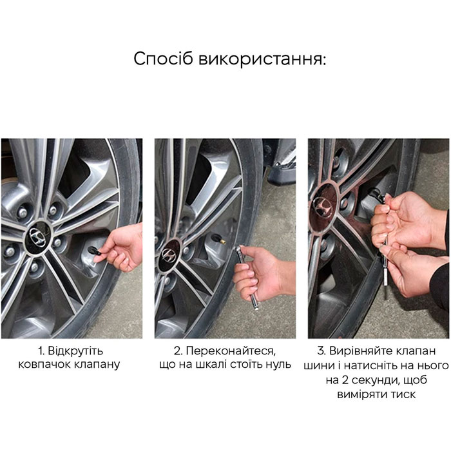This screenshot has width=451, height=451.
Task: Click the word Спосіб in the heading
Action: (x=163, y=59)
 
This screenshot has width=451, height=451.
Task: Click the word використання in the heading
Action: (x=262, y=59)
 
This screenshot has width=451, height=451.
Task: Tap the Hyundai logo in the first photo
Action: (x=38, y=237)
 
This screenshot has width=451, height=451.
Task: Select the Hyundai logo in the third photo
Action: (x=321, y=206)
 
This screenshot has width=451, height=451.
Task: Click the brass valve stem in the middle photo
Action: (x=220, y=240)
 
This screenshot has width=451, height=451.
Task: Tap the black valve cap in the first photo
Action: (x=95, y=251)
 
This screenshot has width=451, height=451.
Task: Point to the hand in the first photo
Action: (x=120, y=247)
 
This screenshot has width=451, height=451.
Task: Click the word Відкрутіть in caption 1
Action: (x=75, y=351)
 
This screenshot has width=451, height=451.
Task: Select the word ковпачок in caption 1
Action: (x=44, y=365)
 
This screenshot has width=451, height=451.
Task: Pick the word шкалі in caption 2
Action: (x=209, y=365)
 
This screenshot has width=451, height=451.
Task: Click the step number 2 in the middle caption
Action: (x=178, y=351)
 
